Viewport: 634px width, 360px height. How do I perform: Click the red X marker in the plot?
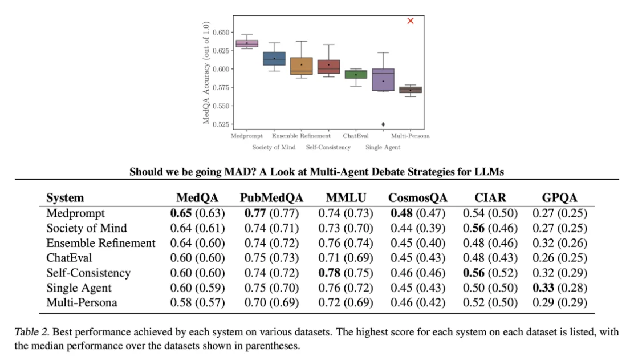click(411, 21)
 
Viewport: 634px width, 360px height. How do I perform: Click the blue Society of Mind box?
click(274, 59)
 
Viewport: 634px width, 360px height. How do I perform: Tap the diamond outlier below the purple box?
click(383, 124)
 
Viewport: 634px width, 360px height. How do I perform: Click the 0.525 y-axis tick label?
click(220, 124)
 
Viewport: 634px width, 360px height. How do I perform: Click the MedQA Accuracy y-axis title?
click(207, 73)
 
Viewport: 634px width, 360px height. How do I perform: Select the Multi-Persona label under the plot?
click(410, 136)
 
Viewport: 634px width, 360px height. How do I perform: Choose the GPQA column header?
click(559, 198)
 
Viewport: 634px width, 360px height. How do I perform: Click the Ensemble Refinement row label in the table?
click(101, 243)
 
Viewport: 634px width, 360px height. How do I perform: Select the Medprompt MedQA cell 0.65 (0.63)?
click(197, 213)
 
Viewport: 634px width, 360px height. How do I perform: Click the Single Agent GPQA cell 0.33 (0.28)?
click(559, 288)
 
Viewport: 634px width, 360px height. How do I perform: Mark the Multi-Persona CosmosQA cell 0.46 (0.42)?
click(418, 302)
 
